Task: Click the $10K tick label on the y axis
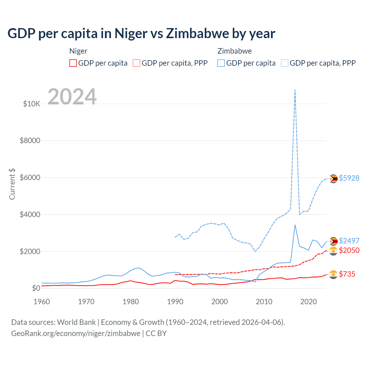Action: pos(32,104)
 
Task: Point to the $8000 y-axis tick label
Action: pos(30,140)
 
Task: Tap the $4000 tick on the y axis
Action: pos(30,214)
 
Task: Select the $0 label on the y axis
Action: pos(36,288)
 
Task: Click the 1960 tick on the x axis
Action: pos(42,302)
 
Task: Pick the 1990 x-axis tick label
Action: pos(175,302)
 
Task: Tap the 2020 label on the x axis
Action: pos(309,302)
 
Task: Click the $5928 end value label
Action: pos(349,178)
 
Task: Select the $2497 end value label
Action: pos(349,241)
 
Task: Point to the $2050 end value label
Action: pos(349,250)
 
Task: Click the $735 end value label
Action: pos(347,274)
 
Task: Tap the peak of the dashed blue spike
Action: pos(295,90)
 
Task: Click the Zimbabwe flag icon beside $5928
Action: pos(333,179)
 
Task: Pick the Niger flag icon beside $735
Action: pos(333,274)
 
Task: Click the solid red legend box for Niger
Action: pos(73,63)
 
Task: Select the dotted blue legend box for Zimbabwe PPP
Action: pos(285,63)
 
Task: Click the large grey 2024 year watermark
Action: pos(72,97)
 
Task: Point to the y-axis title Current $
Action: pos(12,184)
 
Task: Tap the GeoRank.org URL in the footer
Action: pos(76,333)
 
